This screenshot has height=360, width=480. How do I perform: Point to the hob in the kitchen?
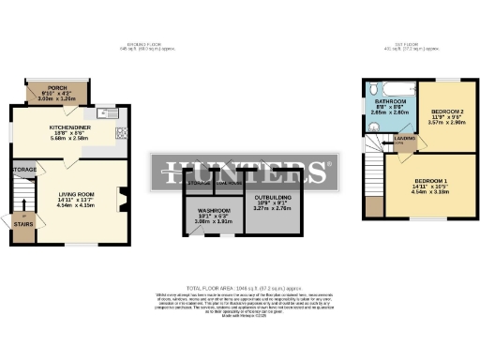[120, 131]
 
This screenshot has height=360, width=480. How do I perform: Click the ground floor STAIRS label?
[23, 225]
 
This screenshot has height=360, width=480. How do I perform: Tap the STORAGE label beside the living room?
[23, 170]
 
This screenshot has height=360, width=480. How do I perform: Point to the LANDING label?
[405, 138]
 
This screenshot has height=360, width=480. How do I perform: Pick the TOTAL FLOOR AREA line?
[239, 288]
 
